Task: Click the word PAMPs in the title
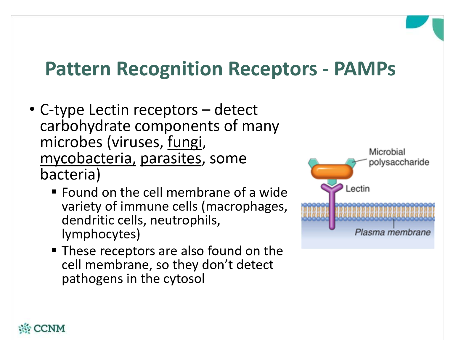click(x=365, y=69)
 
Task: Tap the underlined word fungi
click(x=185, y=143)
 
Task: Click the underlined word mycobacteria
click(x=88, y=159)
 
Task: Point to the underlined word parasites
click(x=171, y=159)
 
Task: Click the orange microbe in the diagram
click(x=332, y=172)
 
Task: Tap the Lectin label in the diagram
click(x=358, y=189)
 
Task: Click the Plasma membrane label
click(x=393, y=232)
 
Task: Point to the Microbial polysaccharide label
click(x=399, y=157)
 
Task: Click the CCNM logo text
click(x=49, y=329)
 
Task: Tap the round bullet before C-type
click(x=32, y=109)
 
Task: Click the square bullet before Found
click(x=54, y=192)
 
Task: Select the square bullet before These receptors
click(x=54, y=250)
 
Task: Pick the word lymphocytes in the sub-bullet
click(x=101, y=234)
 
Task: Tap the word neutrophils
click(x=185, y=220)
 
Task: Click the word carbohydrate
click(x=85, y=126)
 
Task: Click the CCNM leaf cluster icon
click(x=25, y=329)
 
